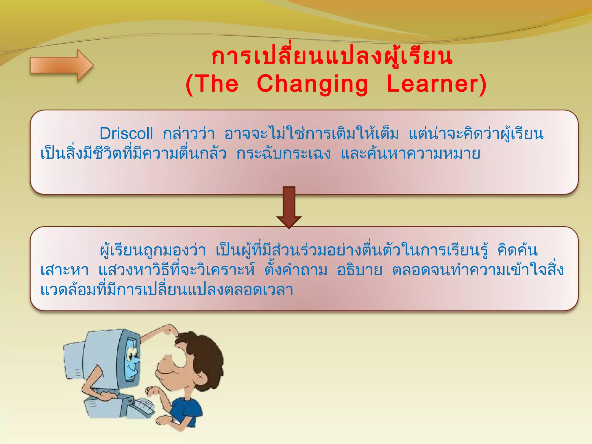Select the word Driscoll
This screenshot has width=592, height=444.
click(x=126, y=134)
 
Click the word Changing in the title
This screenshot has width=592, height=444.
click(x=312, y=84)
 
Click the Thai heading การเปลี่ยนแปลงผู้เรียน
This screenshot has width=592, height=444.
click(x=332, y=56)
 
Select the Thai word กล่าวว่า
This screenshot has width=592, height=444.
click(x=189, y=134)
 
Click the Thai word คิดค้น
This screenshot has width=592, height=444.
click(x=517, y=250)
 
